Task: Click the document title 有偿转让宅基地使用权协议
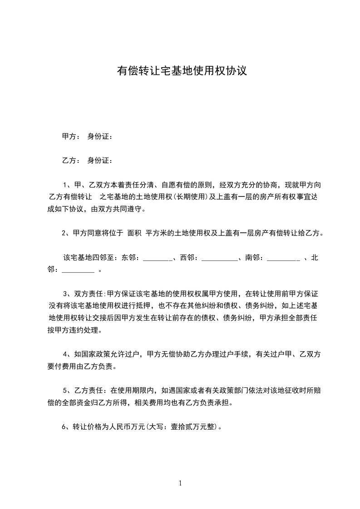(182, 71)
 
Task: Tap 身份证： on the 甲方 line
(100, 137)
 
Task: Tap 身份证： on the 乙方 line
(100, 161)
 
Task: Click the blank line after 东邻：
(158, 258)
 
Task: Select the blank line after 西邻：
(219, 258)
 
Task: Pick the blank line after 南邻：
(283, 258)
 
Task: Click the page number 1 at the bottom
(180, 483)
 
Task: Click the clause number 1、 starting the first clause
(66, 185)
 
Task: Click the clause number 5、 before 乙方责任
(66, 391)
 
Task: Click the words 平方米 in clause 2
(155, 234)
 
